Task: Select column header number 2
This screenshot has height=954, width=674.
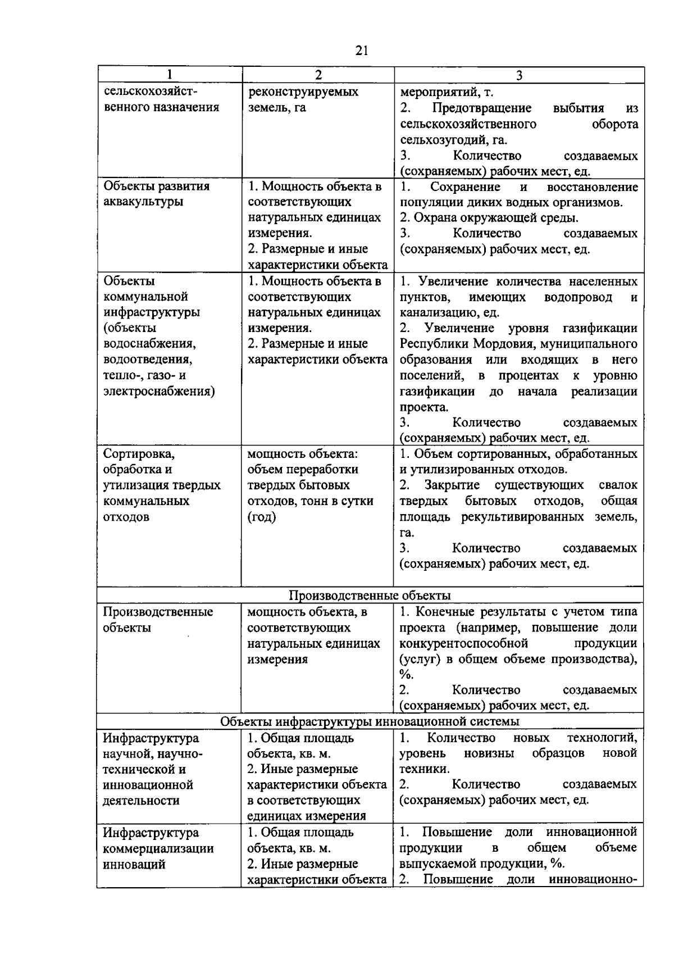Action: tap(318, 75)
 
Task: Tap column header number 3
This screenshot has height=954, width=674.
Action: tap(519, 75)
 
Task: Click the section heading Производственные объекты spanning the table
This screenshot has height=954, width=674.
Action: tap(370, 596)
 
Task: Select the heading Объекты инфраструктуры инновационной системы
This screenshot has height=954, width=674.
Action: tap(370, 721)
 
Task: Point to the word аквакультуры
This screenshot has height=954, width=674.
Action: tap(144, 202)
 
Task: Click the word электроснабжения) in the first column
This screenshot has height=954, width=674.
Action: tap(159, 391)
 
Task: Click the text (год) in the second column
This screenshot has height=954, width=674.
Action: tap(262, 517)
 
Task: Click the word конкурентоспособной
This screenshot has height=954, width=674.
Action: tap(464, 643)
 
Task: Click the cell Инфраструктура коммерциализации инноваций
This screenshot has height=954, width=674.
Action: tap(158, 848)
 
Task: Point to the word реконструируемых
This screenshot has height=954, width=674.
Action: tap(303, 92)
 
